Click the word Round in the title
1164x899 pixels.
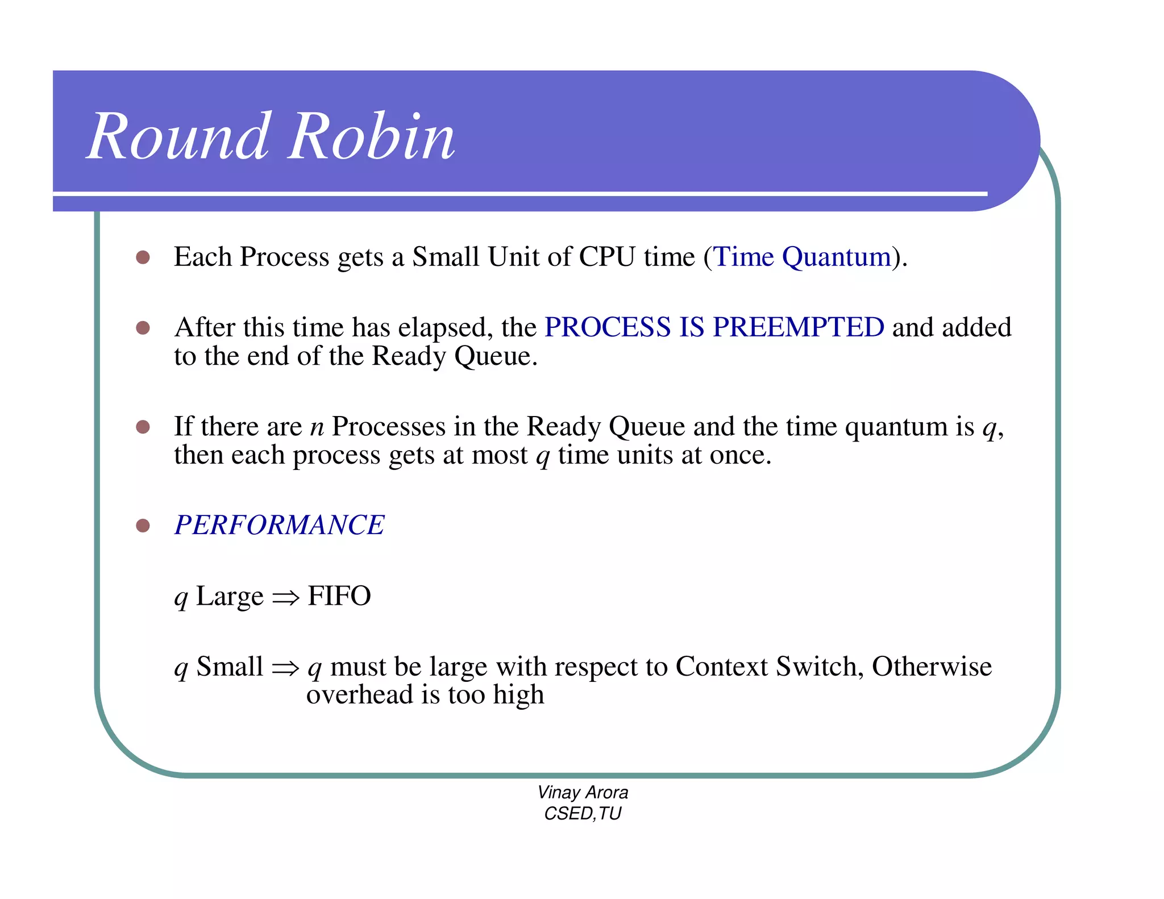point(178,136)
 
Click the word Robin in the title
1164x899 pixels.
point(372,136)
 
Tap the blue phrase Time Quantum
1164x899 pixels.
point(802,257)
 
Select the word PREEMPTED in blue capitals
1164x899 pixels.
point(798,327)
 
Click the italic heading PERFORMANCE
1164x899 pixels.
point(279,525)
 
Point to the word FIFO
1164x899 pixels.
point(339,596)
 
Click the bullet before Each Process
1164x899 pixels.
point(143,257)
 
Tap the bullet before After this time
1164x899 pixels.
point(143,328)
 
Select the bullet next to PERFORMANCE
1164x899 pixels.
point(143,526)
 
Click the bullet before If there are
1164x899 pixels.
point(143,427)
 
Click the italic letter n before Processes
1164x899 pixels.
point(317,427)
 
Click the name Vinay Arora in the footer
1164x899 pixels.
point(583,792)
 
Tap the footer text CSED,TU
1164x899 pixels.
point(583,814)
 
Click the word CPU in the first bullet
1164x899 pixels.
point(606,257)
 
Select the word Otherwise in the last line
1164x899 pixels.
point(932,667)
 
